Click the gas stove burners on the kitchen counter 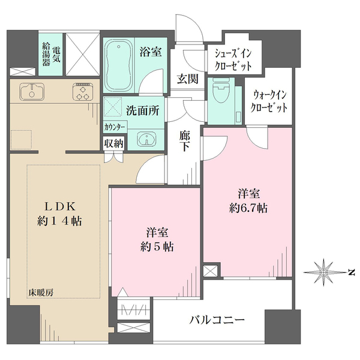tap(82, 92)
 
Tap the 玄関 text tap(187, 78)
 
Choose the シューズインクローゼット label tap(233, 59)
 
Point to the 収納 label tap(113, 143)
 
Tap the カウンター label tap(115, 127)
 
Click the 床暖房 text tap(38, 292)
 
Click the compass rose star tap(323, 272)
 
